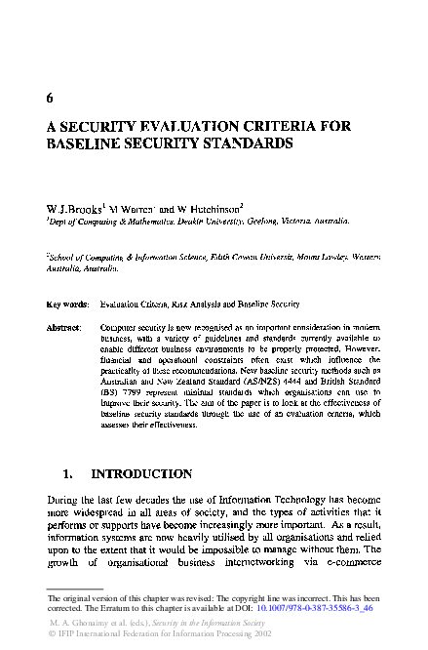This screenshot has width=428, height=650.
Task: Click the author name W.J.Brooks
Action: point(74,209)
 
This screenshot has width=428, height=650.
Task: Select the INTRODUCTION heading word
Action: point(141,474)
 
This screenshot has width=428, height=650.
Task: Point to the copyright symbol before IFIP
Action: point(51,631)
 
